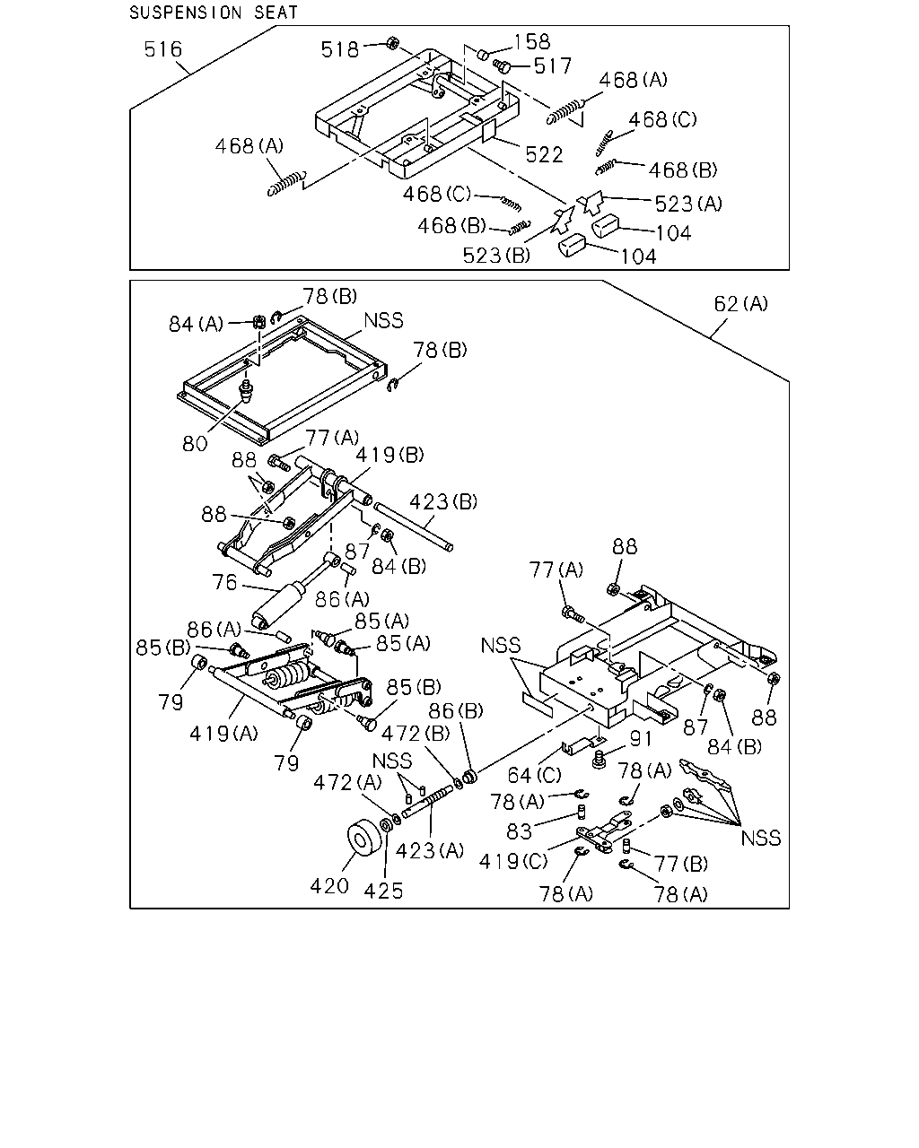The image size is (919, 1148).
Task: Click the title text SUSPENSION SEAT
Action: click(x=214, y=13)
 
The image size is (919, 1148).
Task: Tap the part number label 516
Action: click(x=162, y=49)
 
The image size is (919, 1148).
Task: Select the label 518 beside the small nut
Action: click(x=339, y=50)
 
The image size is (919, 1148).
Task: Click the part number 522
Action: click(x=544, y=155)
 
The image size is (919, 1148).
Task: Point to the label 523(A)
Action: click(x=688, y=204)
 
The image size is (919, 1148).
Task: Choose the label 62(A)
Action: click(x=740, y=304)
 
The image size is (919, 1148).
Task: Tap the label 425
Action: click(x=383, y=891)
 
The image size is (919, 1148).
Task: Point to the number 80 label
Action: click(x=195, y=444)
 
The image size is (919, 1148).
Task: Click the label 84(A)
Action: click(x=196, y=325)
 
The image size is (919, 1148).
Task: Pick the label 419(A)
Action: click(x=223, y=734)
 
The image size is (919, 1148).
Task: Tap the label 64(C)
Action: click(x=534, y=776)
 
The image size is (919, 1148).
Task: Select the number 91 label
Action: click(x=641, y=739)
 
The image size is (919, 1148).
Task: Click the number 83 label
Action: click(x=519, y=831)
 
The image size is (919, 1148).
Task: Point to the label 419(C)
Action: click(x=513, y=862)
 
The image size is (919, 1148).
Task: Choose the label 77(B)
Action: click(x=681, y=864)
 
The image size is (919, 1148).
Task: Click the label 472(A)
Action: click(x=347, y=783)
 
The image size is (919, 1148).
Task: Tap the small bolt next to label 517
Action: click(x=502, y=66)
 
